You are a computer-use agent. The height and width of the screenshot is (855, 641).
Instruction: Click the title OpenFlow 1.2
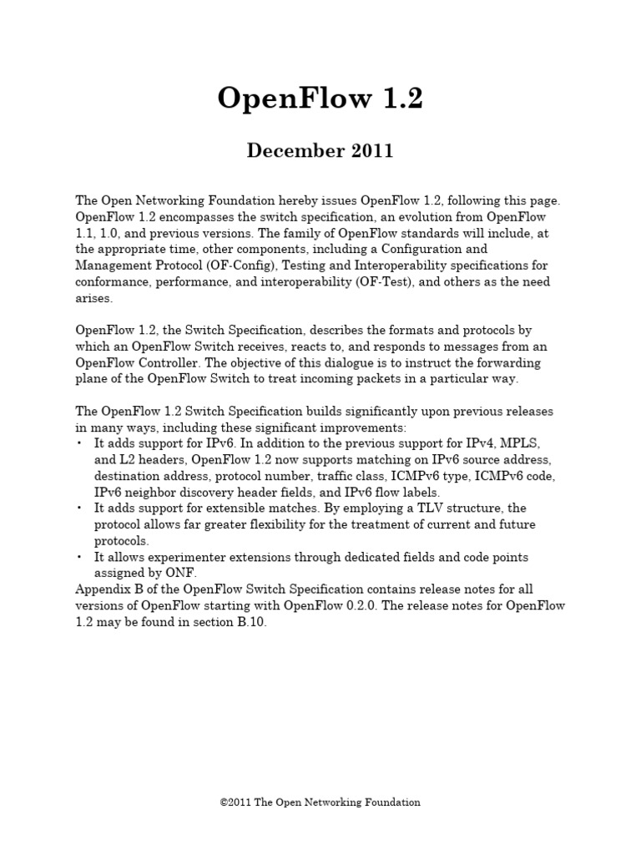[x=320, y=99]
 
